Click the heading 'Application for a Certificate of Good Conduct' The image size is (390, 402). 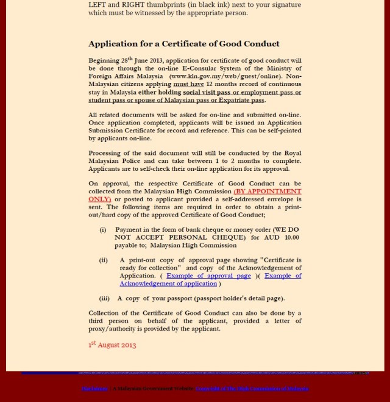[184, 44]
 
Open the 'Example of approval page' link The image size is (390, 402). [208, 276]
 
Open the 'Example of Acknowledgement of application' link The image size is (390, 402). [168, 284]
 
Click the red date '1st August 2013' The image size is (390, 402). [112, 345]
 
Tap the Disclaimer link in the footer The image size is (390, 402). [94, 388]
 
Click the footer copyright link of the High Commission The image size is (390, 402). [252, 388]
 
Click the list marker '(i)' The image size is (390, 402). [103, 229]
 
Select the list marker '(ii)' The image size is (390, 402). [104, 260]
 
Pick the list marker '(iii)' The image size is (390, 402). [104, 298]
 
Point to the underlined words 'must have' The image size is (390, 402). [188, 85]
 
